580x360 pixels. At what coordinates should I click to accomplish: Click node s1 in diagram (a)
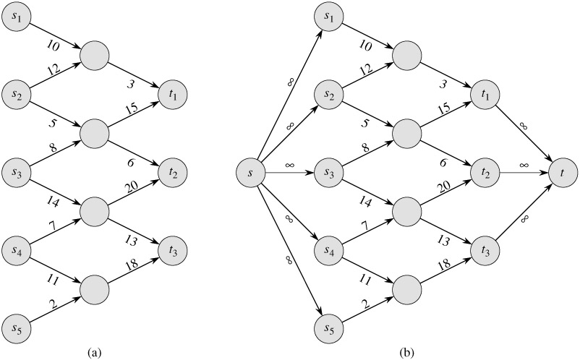point(17,16)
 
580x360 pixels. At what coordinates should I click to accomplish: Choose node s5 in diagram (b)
point(330,330)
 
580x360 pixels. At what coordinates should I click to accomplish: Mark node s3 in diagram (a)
point(17,173)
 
